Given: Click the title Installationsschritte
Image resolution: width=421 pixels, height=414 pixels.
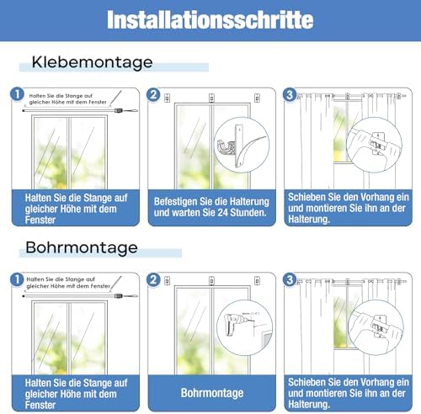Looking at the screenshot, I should tap(210, 19).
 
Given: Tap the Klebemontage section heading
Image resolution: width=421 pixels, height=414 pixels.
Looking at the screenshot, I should tap(93, 62).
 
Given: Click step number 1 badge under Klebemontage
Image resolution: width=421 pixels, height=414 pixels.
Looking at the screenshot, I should tap(17, 95).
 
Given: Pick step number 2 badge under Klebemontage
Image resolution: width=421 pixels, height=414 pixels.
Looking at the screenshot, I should tap(153, 95).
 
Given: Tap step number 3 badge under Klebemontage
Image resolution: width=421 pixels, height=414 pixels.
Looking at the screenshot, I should tap(290, 95).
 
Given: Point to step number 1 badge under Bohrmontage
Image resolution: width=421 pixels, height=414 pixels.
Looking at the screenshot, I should tap(17, 279).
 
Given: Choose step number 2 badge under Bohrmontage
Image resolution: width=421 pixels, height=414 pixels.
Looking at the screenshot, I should tap(153, 279).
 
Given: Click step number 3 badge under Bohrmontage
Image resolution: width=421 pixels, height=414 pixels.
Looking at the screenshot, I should tap(290, 279).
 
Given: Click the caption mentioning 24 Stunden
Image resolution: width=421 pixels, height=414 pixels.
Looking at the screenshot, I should tap(210, 207).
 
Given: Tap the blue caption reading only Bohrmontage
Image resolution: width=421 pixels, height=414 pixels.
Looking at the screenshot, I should tap(210, 392).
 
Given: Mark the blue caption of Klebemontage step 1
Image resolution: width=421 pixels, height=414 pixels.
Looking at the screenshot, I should tap(73, 207).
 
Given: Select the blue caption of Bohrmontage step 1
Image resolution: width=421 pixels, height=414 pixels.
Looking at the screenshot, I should tap(73, 392).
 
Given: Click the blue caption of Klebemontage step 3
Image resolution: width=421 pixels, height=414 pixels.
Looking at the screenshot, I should tap(347, 207).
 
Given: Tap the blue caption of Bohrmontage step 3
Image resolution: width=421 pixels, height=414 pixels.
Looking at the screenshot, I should tap(347, 392).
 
